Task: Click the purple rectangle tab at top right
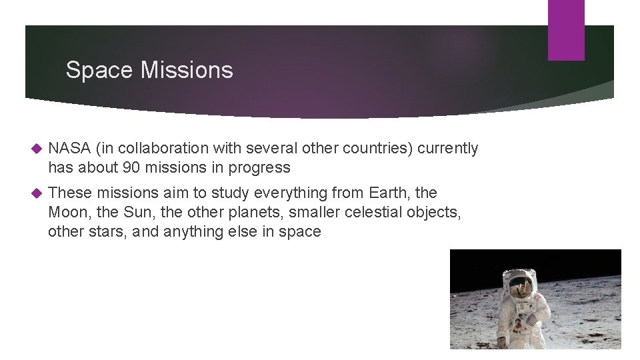[x=566, y=30]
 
